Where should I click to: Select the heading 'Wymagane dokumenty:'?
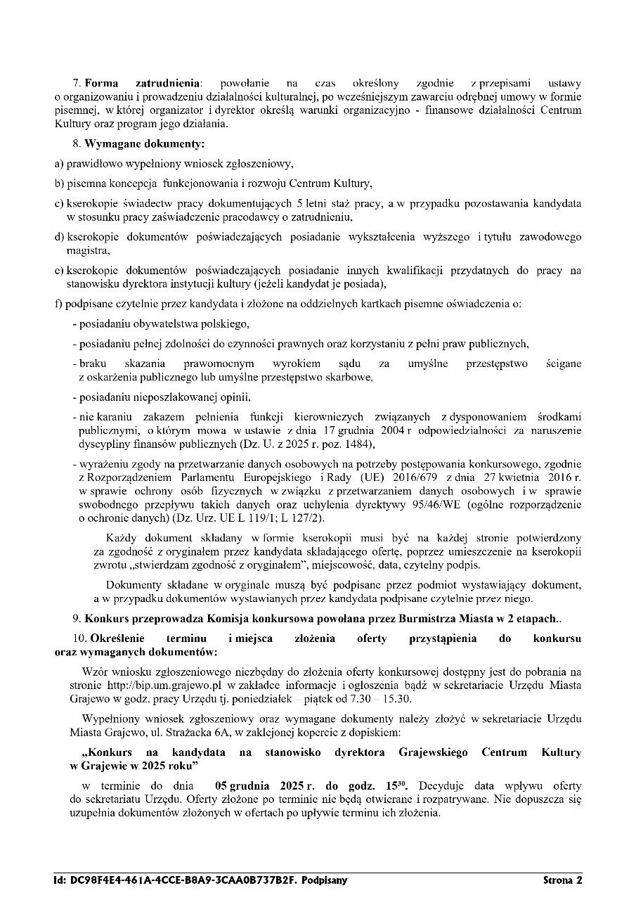[x=144, y=144]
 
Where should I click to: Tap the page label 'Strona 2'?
[x=562, y=880]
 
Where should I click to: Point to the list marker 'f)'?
[x=59, y=304]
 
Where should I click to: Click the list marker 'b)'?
[x=59, y=184]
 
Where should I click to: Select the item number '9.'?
[x=77, y=619]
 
